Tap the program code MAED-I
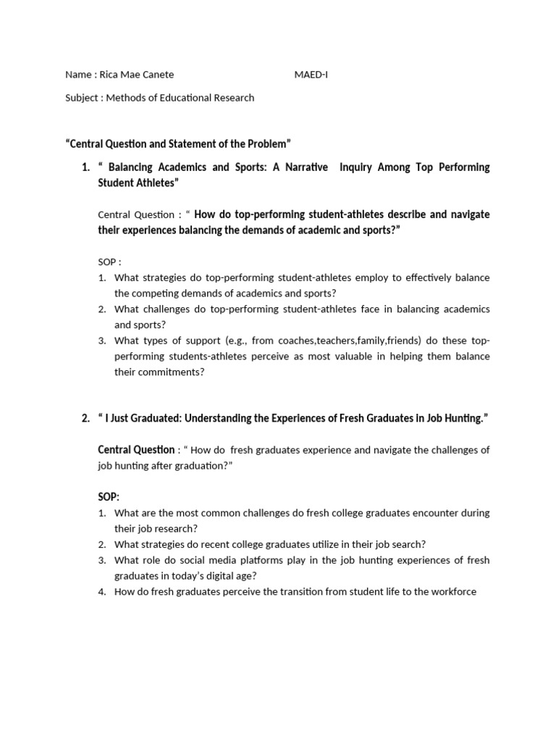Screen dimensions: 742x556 (x=311, y=75)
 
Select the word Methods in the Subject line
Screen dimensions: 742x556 (x=125, y=98)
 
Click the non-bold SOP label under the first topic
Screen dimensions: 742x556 (x=106, y=262)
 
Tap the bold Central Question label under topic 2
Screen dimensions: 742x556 (x=136, y=450)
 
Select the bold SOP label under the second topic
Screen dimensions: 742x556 (x=109, y=497)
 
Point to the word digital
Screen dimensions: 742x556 (x=227, y=576)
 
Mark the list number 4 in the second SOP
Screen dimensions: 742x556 (x=102, y=592)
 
